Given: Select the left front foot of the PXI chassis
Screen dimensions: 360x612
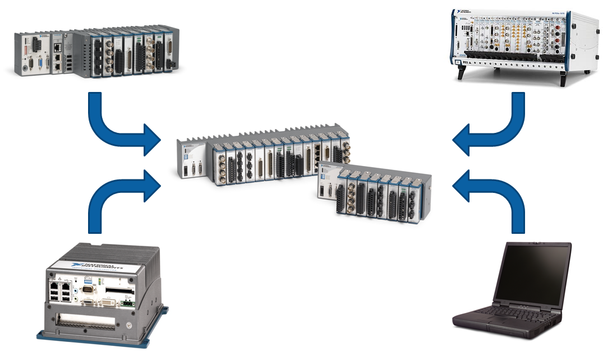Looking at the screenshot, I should [x=462, y=74].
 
